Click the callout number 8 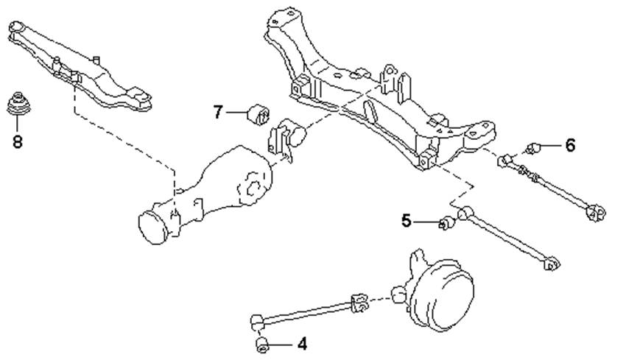point(18,141)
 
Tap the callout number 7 point(217,112)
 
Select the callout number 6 point(570,146)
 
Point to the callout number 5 point(406,221)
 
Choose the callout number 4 point(303,344)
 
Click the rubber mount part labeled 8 point(18,104)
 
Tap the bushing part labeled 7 point(258,114)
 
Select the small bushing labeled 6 point(533,149)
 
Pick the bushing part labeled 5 point(447,223)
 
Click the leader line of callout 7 point(237,113)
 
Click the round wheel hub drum point(442,294)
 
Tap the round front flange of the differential point(152,227)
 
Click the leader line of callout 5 point(428,222)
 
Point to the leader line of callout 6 point(552,146)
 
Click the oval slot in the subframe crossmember point(370,111)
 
